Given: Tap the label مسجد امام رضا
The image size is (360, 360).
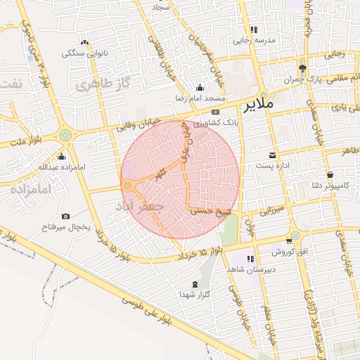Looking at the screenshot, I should coord(200,98).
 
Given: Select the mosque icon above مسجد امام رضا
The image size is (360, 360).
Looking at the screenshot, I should coord(200,88).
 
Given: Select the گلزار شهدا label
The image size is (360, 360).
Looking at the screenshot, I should coord(194,295).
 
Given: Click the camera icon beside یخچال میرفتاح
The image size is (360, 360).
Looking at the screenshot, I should coord(65,216).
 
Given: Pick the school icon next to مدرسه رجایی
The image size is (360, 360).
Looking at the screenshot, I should coord(254,30).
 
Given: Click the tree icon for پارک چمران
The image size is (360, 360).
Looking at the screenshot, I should coord(302,68).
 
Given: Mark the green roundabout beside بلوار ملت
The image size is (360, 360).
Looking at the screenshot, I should coord(65,134).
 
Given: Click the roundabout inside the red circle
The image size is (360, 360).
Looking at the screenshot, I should coord(128,186).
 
